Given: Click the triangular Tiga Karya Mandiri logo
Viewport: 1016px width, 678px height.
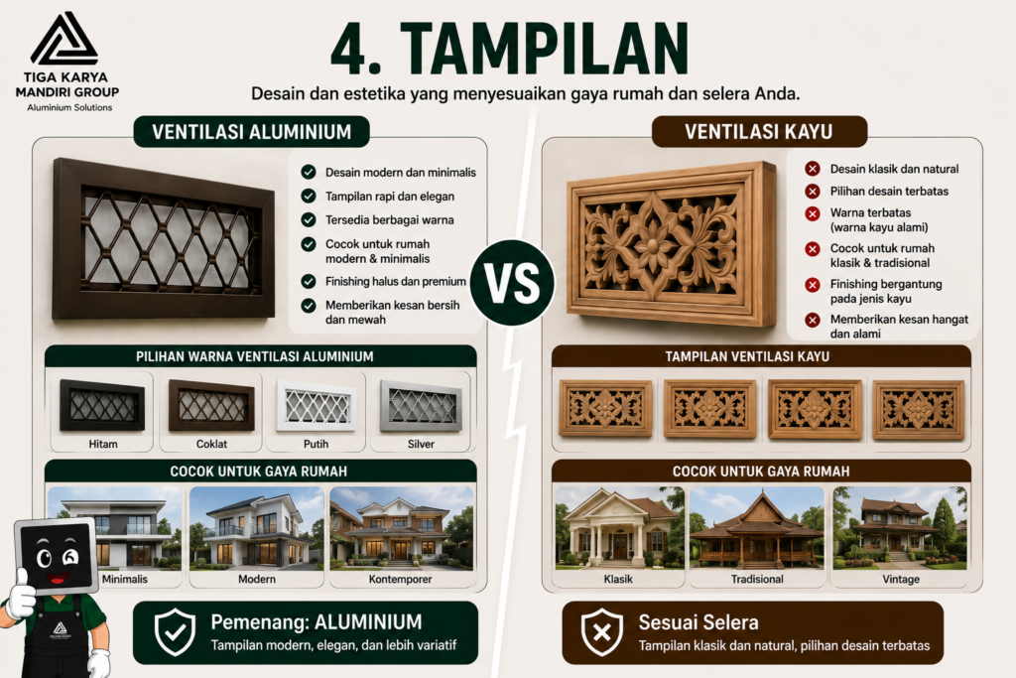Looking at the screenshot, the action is [x=64, y=39].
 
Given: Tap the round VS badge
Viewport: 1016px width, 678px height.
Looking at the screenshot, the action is [x=512, y=283].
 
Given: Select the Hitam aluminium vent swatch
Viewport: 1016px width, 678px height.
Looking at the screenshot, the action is [x=102, y=405].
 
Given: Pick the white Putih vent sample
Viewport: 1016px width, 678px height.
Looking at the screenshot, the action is [x=317, y=406].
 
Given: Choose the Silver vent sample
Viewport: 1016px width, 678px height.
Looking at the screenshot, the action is [x=421, y=406].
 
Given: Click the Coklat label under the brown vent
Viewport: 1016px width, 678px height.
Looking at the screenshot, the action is [x=212, y=444].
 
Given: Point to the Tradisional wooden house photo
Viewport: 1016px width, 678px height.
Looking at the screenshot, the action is [x=757, y=528].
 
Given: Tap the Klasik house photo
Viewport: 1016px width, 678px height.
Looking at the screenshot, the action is [x=619, y=528].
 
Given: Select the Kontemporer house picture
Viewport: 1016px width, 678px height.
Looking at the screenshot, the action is [x=402, y=528].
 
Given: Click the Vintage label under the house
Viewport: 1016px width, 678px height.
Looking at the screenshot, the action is [x=901, y=579].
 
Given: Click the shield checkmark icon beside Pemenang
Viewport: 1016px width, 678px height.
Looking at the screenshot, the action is [x=175, y=632].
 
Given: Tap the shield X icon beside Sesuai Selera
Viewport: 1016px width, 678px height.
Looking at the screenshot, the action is [x=602, y=632].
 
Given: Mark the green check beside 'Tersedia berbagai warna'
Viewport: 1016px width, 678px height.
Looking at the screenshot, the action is [x=309, y=219].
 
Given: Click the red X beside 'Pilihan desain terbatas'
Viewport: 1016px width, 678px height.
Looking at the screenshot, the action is [x=813, y=192].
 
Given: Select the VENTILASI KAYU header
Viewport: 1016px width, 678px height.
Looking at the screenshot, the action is [x=759, y=132].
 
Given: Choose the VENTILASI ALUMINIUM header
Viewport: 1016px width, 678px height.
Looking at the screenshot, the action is [x=251, y=132].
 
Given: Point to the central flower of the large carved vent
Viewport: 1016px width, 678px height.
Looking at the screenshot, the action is [x=653, y=245].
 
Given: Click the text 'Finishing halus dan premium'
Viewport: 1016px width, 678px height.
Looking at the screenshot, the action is [x=395, y=281].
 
